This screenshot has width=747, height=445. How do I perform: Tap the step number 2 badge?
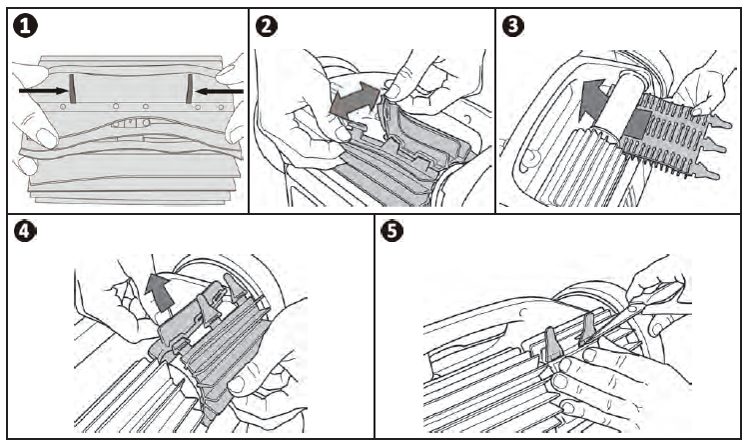click(x=267, y=25)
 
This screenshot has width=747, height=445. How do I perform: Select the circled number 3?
click(x=513, y=25)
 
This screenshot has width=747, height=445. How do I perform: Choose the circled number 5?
click(x=393, y=232)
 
